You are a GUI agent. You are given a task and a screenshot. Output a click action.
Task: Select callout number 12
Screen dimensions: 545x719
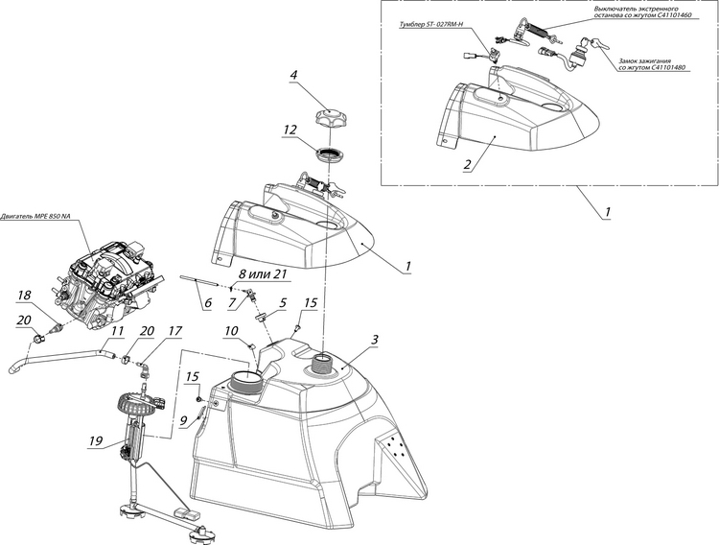click(x=290, y=128)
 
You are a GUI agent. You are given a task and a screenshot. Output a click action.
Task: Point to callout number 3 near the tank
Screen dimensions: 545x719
click(x=375, y=339)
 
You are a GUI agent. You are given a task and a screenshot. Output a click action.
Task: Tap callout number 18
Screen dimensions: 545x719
click(x=24, y=295)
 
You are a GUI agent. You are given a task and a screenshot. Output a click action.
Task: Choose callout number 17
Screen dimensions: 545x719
click(x=174, y=331)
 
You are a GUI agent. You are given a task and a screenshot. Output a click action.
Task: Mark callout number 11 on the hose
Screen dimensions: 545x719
click(x=116, y=331)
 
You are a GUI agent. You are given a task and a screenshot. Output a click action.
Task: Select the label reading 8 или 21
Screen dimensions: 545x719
click(x=262, y=274)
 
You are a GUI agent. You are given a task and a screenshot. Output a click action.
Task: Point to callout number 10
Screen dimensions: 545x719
click(x=233, y=331)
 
